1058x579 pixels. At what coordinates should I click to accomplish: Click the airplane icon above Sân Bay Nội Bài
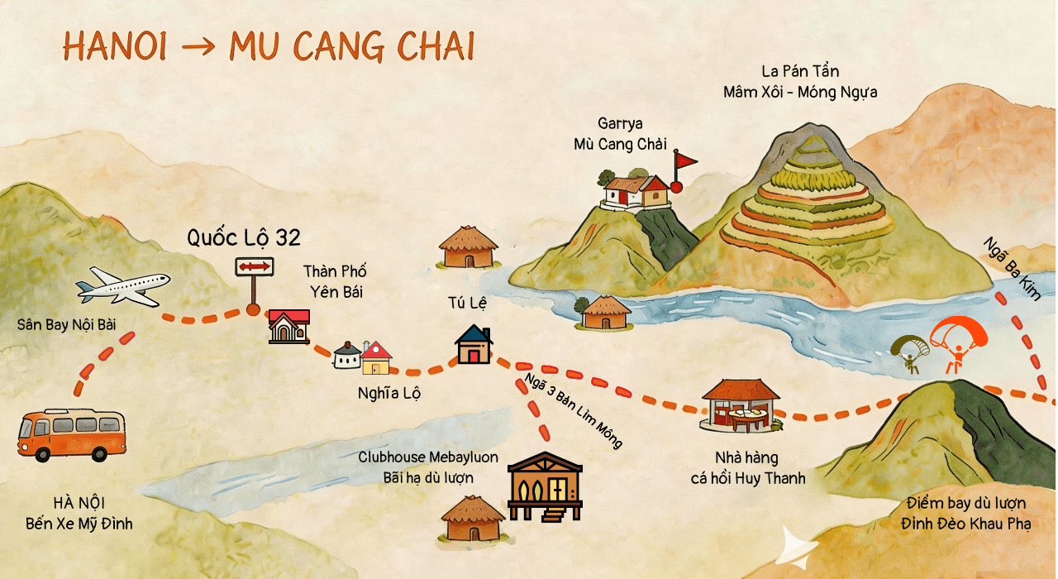coord(123,286)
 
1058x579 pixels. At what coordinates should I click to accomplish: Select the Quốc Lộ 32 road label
coord(243,239)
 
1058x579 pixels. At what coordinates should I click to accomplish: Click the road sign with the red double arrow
coord(254,267)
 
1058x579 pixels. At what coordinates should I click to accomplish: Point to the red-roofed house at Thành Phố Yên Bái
coord(288,326)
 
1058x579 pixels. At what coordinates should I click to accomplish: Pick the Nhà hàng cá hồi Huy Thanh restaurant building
coord(741,405)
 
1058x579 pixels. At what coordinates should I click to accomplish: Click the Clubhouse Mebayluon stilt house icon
coord(545,486)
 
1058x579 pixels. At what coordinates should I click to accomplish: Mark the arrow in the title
coord(198,49)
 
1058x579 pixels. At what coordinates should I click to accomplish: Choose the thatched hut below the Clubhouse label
coord(472,519)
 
